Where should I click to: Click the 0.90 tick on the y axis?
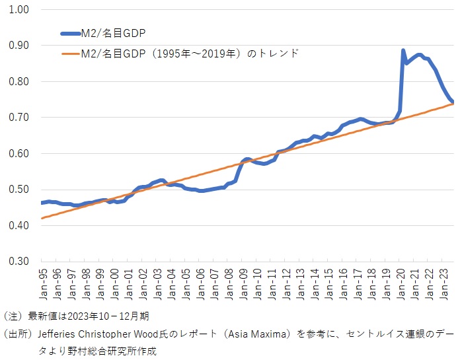click(x=19, y=46)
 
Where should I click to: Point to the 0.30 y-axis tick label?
click(x=19, y=262)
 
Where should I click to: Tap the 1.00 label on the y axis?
click(x=19, y=10)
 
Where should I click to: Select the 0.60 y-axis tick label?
click(x=19, y=153)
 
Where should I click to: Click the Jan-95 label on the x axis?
click(x=43, y=283)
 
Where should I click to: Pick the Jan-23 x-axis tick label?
click(x=446, y=283)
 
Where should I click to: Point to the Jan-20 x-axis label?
click(x=402, y=283)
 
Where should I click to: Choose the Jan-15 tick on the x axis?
click(x=330, y=283)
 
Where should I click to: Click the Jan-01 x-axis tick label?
click(x=128, y=283)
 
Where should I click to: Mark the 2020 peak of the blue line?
click(x=403, y=50)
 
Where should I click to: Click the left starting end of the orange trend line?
click(x=41, y=218)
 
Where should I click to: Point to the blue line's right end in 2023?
click(x=452, y=102)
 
